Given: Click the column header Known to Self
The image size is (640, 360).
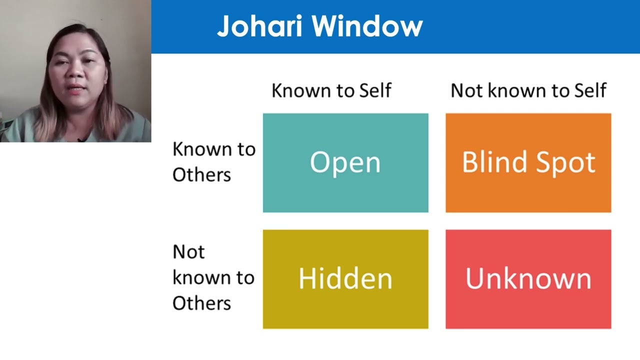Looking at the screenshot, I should tap(331, 90).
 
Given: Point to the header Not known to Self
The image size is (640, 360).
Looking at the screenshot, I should tap(528, 90).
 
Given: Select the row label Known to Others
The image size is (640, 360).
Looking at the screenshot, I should tap(213, 161).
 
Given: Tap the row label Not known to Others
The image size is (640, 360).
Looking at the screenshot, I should tap(213, 277).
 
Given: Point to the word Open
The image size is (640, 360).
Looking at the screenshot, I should tap(345, 162).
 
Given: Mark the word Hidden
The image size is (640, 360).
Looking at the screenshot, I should tap(345, 278).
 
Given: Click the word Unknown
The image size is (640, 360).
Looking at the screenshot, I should tap(528, 278).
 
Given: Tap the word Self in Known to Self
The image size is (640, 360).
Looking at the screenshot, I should tap(374, 90).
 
